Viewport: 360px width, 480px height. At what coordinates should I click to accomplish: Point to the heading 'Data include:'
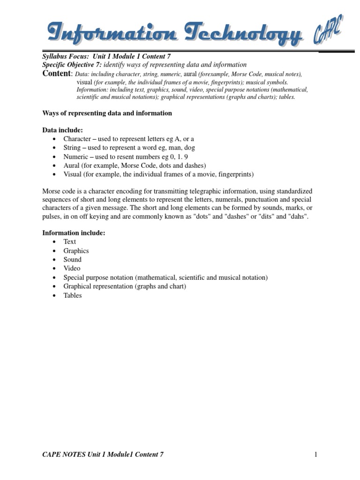[x=62, y=130]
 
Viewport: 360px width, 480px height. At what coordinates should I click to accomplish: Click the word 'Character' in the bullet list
[x=77, y=139]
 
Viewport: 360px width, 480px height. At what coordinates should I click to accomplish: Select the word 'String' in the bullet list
[x=72, y=148]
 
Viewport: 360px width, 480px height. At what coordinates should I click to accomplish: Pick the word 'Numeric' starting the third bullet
[x=76, y=157]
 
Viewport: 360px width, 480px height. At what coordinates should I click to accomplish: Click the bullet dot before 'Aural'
[x=55, y=166]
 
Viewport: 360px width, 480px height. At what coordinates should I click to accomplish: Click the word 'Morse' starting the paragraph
[x=52, y=192]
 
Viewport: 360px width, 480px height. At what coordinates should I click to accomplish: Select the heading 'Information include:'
[x=74, y=232]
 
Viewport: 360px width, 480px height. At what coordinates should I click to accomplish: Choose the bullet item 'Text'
[x=70, y=241]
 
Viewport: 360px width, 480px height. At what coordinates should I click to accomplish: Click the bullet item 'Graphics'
[x=76, y=251]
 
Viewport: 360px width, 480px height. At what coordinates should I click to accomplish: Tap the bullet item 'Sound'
[x=73, y=260]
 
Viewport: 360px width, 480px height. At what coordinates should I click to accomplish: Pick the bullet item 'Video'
[x=72, y=269]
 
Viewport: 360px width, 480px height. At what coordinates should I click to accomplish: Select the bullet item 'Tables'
[x=73, y=296]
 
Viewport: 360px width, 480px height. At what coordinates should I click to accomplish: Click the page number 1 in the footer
[x=316, y=454]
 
